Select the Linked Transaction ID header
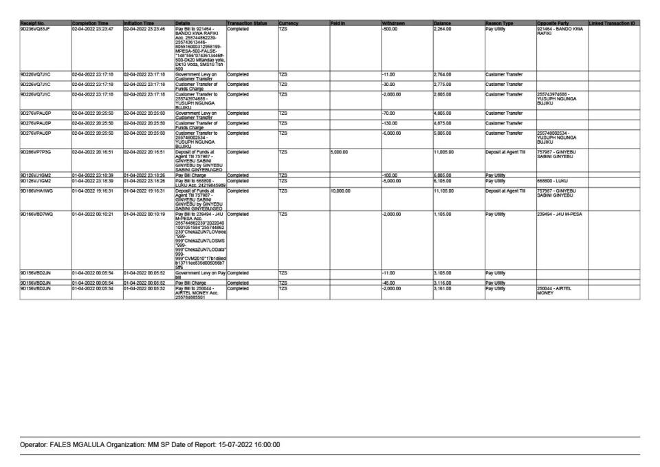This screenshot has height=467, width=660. point(612,23)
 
